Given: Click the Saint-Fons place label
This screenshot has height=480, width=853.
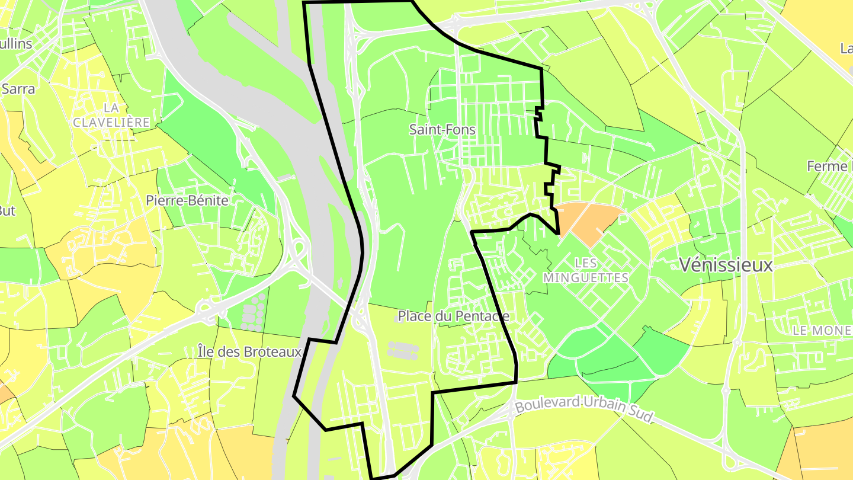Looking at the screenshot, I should tap(442, 129).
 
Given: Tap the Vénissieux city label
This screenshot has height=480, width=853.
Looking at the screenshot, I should tap(726, 265).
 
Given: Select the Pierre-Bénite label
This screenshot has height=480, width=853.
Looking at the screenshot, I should tap(187, 200).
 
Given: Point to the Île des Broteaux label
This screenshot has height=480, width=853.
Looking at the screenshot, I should tap(250, 352).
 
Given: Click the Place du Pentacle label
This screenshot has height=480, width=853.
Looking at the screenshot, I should tap(453, 316).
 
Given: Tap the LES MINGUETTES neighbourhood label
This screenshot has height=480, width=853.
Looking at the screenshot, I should tap(585, 270).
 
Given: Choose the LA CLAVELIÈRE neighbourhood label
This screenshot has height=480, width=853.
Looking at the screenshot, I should tap(111, 114).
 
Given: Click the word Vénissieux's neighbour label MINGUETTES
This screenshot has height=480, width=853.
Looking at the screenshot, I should tap(585, 277).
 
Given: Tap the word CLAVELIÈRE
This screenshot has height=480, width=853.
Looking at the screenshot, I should tap(111, 121).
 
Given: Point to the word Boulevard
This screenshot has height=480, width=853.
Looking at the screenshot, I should tap(545, 404).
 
